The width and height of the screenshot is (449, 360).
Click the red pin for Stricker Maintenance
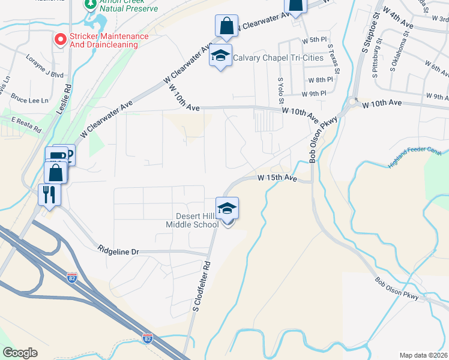tap(61, 40)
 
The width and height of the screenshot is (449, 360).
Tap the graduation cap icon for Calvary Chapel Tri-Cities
tap(221, 56)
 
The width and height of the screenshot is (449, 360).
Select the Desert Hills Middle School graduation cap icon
tap(228, 209)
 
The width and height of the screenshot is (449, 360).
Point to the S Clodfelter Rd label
tap(201, 286)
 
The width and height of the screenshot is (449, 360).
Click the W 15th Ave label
tap(277, 178)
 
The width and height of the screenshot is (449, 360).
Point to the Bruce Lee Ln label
tap(29, 99)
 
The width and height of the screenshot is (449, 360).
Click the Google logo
tap(20, 353)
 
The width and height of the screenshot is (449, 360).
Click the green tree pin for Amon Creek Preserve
tap(89, 5)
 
